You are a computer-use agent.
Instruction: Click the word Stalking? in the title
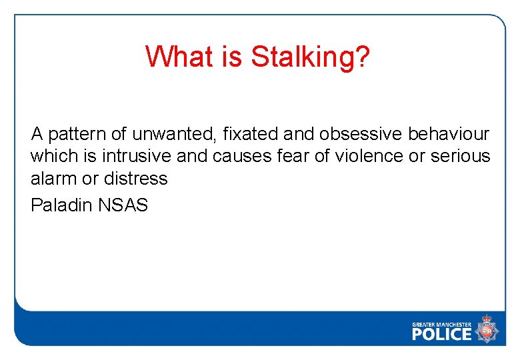310,57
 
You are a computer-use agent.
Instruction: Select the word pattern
70,135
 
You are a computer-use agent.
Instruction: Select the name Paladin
61,205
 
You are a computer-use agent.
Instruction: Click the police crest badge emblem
487,330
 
